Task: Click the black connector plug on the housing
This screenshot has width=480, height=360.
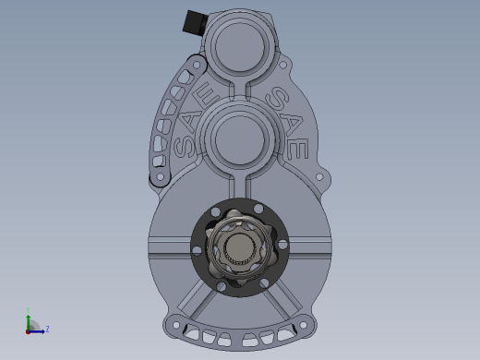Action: [x=195, y=21]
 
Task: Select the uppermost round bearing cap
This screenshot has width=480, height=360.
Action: [x=240, y=46]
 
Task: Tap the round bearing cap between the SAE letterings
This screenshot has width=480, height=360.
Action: [x=239, y=138]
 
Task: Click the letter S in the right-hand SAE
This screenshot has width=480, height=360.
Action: [x=278, y=98]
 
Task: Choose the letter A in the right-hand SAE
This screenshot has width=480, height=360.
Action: [x=292, y=123]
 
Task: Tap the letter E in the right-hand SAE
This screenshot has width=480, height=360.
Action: [x=297, y=149]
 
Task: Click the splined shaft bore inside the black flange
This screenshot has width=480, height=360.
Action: [x=239, y=248]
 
